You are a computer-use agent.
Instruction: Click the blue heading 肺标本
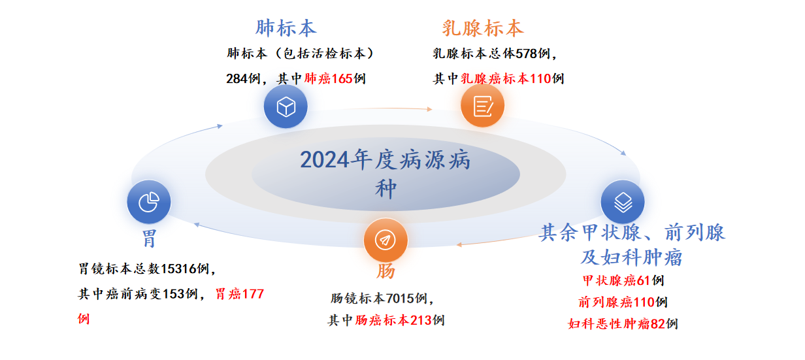tap(286, 28)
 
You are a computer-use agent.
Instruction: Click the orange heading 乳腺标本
tap(483, 28)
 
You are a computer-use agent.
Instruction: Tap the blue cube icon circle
tap(286, 106)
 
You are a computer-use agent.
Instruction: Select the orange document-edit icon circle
tap(483, 106)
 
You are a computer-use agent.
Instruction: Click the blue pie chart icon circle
tap(149, 202)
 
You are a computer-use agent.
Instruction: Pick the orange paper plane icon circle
tap(386, 240)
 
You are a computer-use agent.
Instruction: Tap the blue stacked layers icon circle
tap(623, 202)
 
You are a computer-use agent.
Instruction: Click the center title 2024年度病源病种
tap(386, 174)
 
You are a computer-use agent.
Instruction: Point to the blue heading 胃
tap(149, 239)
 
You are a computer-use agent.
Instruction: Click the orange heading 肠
tap(386, 271)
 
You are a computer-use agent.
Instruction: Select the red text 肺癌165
tap(328, 78)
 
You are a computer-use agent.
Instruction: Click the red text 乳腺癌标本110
tap(506, 78)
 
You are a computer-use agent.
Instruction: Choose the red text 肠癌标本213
tap(393, 320)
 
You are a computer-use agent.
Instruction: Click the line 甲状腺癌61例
tap(623, 280)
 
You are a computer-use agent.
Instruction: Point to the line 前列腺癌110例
tap(623, 302)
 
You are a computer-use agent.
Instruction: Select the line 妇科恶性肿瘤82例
tap(623, 324)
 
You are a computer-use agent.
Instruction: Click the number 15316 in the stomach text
tap(178, 269)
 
